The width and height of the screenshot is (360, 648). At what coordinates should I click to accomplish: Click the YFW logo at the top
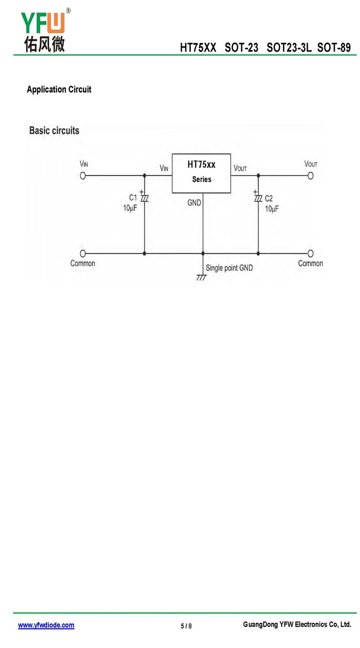coord(45,31)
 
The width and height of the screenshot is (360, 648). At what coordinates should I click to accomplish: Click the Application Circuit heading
coord(59,89)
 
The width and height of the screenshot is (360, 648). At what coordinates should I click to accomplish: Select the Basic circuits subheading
coord(54,130)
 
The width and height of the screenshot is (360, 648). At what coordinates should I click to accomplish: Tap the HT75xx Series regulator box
coord(202,173)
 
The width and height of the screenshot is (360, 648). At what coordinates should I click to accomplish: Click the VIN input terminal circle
coord(83,175)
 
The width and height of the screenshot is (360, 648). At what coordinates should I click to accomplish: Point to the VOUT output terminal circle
coord(310,175)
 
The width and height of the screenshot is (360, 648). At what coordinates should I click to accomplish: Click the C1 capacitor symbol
coord(144,198)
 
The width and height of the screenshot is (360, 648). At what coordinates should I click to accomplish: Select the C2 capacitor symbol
coord(258,198)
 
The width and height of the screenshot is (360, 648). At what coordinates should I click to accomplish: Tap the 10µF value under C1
coord(130,208)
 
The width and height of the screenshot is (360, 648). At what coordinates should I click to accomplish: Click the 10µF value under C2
coord(272,209)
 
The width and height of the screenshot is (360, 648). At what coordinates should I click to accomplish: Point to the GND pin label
coord(194,203)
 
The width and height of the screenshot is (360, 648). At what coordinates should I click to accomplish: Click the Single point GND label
coord(229,268)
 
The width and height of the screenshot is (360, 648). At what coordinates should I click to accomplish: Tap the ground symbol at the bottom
coord(202,277)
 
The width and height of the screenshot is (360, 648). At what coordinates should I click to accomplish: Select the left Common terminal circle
coord(83,254)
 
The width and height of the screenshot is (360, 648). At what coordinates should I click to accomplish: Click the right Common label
coord(310,264)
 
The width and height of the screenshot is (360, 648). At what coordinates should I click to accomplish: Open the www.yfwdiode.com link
coord(46,625)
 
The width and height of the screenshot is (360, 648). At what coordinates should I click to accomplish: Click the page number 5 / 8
coord(186,626)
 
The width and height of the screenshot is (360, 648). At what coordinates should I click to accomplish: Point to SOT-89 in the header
coord(334,48)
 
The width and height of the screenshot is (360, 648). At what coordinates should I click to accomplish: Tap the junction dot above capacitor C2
coord(258,175)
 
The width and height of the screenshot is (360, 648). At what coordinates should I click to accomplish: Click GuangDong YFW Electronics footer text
coord(297,625)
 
